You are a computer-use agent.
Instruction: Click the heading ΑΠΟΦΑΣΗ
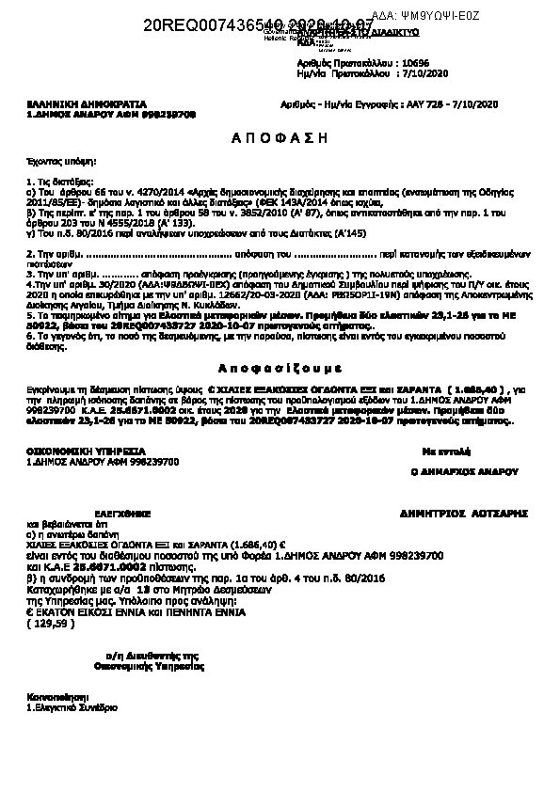click(279, 137)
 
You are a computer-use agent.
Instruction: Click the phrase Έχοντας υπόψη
click(51, 162)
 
